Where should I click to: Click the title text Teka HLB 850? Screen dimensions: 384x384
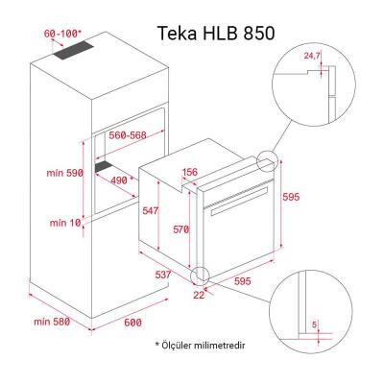click(216, 32)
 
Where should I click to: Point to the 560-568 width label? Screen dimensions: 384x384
click(127, 136)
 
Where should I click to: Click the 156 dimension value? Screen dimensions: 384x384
click(189, 173)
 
